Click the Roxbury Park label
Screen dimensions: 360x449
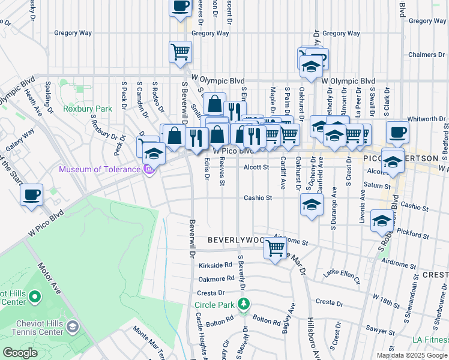[88, 109]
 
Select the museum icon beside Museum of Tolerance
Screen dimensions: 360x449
[148, 170]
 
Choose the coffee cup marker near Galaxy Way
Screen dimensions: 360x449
[31, 194]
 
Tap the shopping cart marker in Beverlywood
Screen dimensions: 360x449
[276, 247]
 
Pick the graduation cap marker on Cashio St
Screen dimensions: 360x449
[312, 204]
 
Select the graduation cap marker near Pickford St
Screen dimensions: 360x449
[382, 220]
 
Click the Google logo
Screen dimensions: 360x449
[20, 353]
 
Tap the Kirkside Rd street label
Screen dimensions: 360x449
[215, 265]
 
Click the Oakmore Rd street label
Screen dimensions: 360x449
[217, 278]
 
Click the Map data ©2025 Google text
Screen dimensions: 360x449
[412, 355]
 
